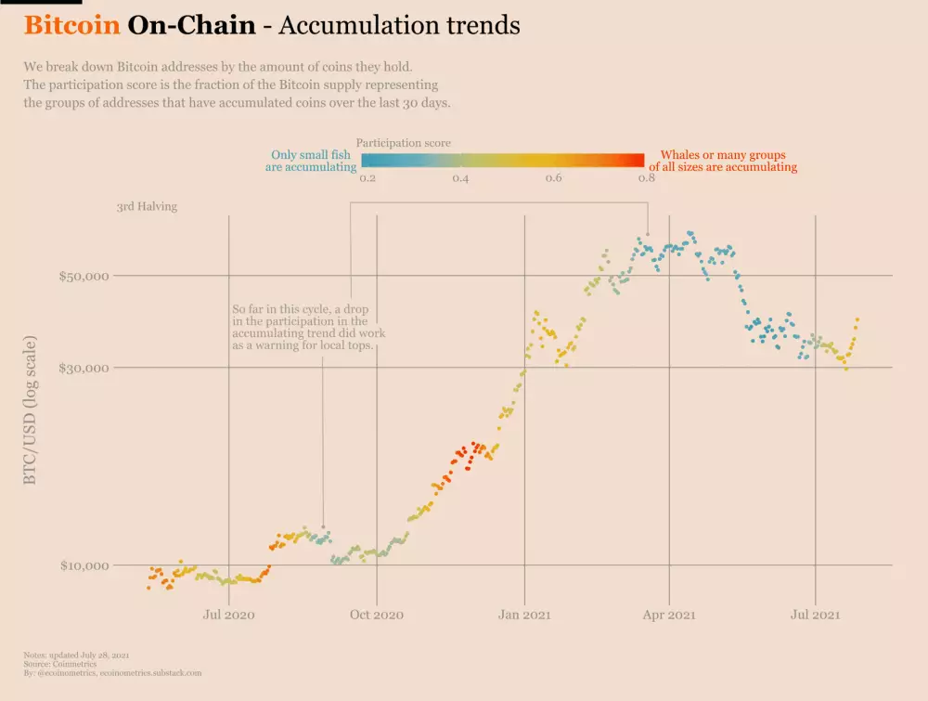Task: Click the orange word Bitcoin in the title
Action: click(71, 25)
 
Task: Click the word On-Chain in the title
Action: click(191, 25)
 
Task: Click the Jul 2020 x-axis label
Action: click(228, 615)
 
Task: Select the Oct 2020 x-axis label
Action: click(376, 615)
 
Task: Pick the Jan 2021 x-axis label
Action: click(525, 615)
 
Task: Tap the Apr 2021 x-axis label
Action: click(669, 615)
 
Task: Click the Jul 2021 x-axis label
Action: click(815, 615)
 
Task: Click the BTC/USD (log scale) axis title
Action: click(31, 410)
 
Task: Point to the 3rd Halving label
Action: click(147, 207)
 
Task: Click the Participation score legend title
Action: click(404, 143)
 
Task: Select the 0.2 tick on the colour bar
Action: click(367, 178)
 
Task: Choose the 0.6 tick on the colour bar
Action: click(553, 178)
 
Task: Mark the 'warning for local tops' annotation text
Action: click(303, 345)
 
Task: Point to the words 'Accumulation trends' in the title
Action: click(399, 25)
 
